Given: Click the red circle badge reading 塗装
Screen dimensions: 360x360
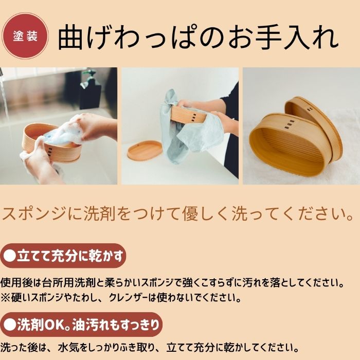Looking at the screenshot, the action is click(25, 36).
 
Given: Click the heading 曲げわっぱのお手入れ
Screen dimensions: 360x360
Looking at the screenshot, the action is click(198, 37).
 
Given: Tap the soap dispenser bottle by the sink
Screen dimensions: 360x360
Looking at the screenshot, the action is click(90, 89).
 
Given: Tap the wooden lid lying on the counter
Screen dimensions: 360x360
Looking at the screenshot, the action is click(145, 151).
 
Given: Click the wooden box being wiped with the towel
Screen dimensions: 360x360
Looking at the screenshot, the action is click(188, 114).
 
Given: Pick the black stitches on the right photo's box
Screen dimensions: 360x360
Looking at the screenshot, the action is click(290, 124).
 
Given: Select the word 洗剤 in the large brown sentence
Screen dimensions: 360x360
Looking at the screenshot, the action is click(99, 213).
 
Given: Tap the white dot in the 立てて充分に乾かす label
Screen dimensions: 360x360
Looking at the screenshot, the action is click(10, 256).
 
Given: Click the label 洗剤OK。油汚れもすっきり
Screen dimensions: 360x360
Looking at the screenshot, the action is click(81, 325).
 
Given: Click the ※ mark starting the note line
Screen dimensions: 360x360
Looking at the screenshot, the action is click(5, 298).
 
